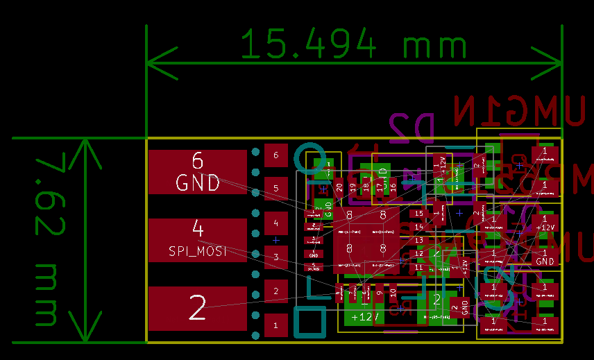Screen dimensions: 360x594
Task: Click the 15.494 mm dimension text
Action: (354, 46)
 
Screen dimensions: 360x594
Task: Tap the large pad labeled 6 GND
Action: (198, 172)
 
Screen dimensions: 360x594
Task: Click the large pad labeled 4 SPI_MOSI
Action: (198, 240)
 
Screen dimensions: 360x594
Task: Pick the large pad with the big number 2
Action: (198, 308)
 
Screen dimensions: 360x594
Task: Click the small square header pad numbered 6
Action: (276, 155)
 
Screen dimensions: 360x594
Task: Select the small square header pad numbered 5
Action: (276, 189)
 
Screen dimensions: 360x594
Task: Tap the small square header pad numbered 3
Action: (276, 257)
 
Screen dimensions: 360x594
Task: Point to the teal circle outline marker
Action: (309, 157)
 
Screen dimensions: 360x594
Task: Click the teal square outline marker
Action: (309, 323)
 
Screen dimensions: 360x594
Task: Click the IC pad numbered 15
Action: (418, 214)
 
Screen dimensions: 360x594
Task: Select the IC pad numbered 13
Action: (418, 240)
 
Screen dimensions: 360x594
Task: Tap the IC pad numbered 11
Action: (418, 267)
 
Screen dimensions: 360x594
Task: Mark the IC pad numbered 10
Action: (393, 293)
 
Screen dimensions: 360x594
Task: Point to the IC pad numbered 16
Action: (393, 187)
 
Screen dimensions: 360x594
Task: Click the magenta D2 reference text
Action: (411, 128)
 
